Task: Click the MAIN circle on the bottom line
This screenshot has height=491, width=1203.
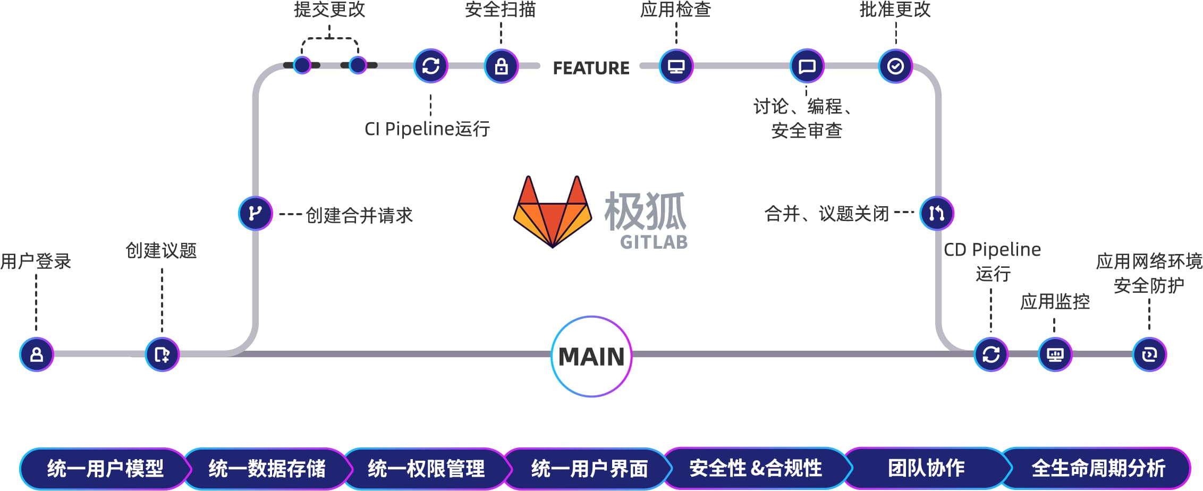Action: (x=591, y=357)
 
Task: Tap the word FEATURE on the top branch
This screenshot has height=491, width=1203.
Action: (x=591, y=68)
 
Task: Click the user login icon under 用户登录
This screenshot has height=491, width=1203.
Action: (x=37, y=354)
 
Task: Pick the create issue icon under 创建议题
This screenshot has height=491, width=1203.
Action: (x=162, y=354)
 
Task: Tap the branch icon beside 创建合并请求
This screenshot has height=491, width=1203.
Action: (x=256, y=213)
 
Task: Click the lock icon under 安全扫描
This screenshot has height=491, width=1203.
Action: (x=501, y=66)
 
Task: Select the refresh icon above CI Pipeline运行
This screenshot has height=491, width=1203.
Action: (x=431, y=66)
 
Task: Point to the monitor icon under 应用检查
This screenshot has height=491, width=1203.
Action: (x=676, y=66)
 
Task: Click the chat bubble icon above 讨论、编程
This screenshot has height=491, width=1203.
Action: (x=807, y=66)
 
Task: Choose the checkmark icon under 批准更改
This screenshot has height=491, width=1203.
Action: (x=895, y=66)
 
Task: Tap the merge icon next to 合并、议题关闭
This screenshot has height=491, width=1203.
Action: (x=937, y=213)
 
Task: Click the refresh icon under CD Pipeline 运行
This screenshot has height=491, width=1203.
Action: (x=991, y=354)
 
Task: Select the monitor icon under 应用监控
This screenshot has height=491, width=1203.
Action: (x=1055, y=354)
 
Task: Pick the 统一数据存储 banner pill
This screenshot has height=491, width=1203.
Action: (x=267, y=469)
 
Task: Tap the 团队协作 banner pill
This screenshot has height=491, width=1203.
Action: (x=926, y=468)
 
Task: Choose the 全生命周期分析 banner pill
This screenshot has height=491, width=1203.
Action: (x=1098, y=468)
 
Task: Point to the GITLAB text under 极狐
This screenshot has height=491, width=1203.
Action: (x=654, y=242)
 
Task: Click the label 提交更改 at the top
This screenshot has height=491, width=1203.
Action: (x=329, y=10)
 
